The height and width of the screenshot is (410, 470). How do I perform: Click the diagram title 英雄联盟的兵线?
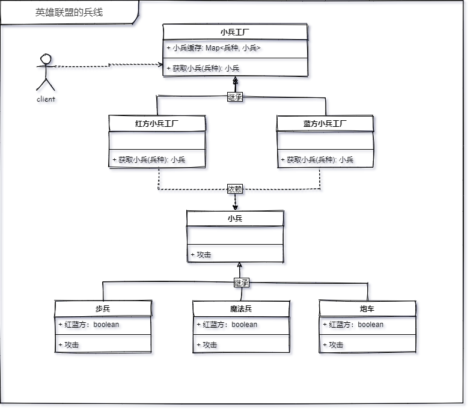(69, 12)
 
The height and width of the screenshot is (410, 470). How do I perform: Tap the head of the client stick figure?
(46, 59)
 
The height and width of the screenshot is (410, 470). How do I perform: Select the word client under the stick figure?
(46, 99)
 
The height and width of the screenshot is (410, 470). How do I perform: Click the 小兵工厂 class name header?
(235, 32)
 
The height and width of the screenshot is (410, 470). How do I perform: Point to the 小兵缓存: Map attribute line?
(214, 48)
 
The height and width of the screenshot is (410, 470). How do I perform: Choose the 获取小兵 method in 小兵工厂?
(203, 69)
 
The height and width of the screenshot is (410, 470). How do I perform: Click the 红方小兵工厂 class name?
(157, 124)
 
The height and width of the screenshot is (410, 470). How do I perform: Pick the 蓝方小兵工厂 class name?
(325, 124)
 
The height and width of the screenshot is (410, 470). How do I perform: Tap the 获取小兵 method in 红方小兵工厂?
(148, 159)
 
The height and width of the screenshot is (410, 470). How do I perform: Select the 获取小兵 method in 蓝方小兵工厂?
(317, 159)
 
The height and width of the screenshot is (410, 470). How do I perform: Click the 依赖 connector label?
(235, 189)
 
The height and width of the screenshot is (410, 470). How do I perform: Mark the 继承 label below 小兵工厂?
(235, 97)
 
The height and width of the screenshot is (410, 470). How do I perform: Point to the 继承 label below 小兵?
(241, 283)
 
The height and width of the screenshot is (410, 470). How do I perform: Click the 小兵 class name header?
(235, 218)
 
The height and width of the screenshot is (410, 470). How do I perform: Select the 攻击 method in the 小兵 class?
(201, 255)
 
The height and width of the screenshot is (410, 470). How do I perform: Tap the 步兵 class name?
(103, 308)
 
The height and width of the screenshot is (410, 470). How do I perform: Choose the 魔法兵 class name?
(241, 308)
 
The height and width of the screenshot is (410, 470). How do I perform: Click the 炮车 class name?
(367, 308)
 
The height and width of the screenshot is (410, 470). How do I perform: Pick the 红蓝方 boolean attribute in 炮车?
(353, 325)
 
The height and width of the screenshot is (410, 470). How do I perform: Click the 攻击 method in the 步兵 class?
(69, 345)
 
